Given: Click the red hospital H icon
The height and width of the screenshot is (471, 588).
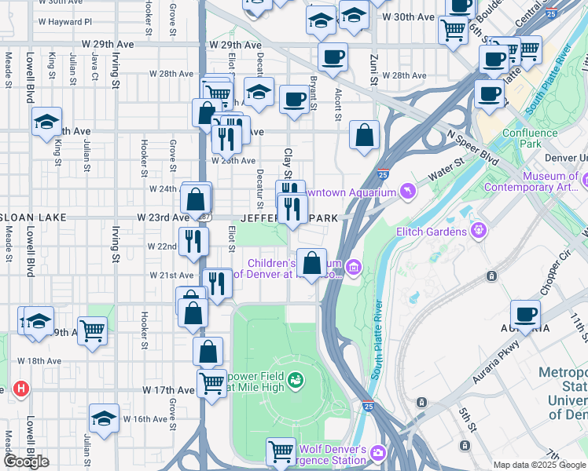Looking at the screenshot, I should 20,389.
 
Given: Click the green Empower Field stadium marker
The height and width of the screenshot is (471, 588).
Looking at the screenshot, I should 296,382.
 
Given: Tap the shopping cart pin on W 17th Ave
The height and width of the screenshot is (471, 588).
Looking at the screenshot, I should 211,384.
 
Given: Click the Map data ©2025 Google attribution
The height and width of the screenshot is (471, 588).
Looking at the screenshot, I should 539,465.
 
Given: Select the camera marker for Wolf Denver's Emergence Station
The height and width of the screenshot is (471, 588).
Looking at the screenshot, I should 378,453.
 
